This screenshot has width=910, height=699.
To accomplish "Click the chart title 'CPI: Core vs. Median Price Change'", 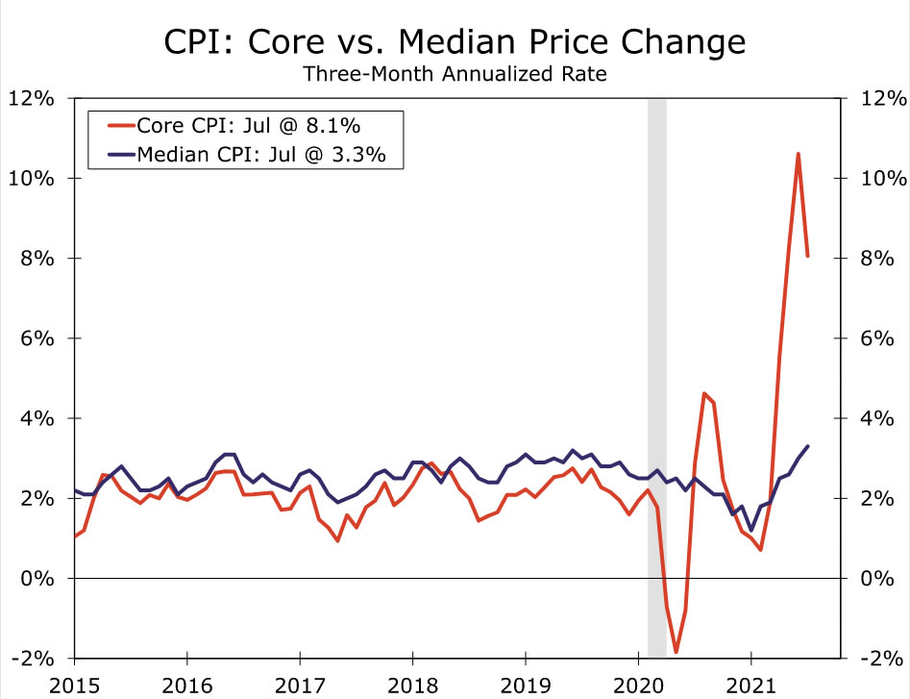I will [x=455, y=42].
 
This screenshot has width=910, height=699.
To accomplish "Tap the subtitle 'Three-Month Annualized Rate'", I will [x=455, y=74].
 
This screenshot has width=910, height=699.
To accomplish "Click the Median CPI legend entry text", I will [x=262, y=154].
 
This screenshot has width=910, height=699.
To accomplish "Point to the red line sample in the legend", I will [x=114, y=125].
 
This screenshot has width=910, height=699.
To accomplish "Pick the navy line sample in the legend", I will [x=114, y=154].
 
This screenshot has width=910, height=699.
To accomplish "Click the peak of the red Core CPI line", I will [x=798, y=154].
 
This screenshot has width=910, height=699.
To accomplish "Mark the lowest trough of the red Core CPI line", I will [x=676, y=652].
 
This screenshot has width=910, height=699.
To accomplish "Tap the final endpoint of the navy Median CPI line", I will [x=808, y=446].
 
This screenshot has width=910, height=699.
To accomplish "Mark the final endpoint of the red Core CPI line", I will [x=808, y=256].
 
